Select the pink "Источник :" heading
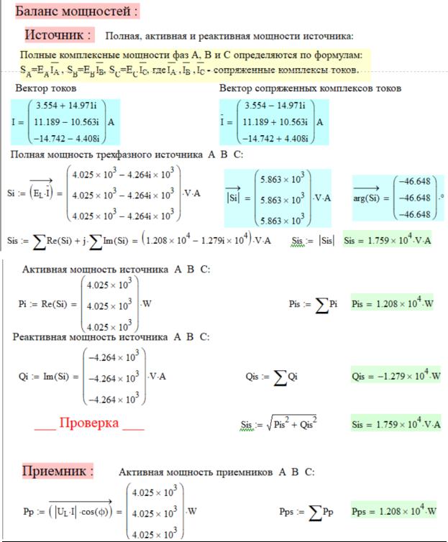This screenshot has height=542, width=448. pyautogui.click(x=58, y=35)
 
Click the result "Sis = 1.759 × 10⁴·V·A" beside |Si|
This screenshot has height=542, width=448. pyautogui.click(x=388, y=240)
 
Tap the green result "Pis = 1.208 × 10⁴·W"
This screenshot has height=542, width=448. pyautogui.click(x=393, y=304)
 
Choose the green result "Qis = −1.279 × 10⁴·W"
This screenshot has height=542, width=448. pyautogui.click(x=393, y=376)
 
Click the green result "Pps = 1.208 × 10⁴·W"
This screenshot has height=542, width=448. pyautogui.click(x=393, y=512)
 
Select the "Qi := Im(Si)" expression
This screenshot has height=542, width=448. pyautogui.click(x=48, y=376)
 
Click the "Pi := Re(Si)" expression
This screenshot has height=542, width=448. pyautogui.click(x=47, y=304)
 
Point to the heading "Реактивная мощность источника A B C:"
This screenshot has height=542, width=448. pyautogui.click(x=111, y=336)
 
